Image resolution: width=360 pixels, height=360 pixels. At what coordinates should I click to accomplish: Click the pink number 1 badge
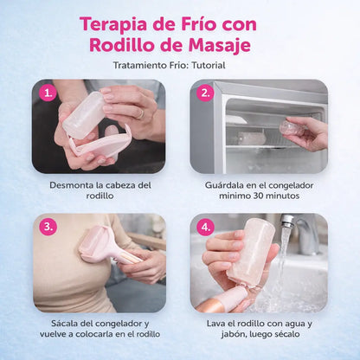pyautogui.click(x=48, y=93)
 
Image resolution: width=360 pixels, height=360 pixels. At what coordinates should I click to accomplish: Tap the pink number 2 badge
pyautogui.click(x=205, y=93)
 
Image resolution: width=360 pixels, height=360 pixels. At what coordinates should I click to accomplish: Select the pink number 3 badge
pyautogui.click(x=48, y=227)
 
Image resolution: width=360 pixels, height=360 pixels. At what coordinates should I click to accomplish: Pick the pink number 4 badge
pyautogui.click(x=205, y=227)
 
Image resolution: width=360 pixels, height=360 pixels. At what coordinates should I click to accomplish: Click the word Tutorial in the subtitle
pyautogui.click(x=209, y=65)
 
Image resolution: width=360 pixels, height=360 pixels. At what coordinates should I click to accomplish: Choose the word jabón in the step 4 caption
pyautogui.click(x=231, y=334)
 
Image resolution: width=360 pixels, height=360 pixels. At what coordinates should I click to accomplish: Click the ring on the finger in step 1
pyautogui.click(x=141, y=114)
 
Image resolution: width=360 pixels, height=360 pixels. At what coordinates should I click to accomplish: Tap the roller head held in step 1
pyautogui.click(x=83, y=114)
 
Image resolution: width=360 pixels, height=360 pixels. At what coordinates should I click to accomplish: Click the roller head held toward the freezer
pyautogui.click(x=292, y=129)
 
